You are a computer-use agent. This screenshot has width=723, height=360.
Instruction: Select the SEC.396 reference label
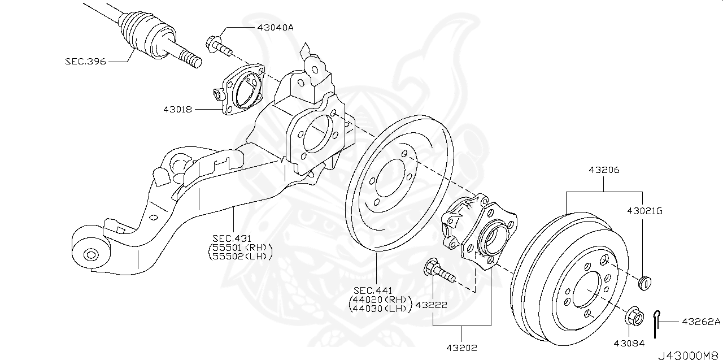pyautogui.click(x=85, y=60)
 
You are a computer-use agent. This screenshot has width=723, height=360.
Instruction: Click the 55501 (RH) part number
pyautogui.click(x=240, y=247)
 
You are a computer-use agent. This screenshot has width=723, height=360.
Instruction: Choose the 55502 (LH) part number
pyautogui.click(x=240, y=256)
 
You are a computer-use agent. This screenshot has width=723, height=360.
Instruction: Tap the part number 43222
pyautogui.click(x=432, y=305)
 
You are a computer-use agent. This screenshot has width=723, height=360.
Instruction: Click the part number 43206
pyautogui.click(x=604, y=169)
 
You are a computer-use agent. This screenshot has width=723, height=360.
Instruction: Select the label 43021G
pyautogui.click(x=644, y=211)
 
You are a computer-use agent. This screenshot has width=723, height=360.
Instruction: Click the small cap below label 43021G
pyautogui.click(x=644, y=282)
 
